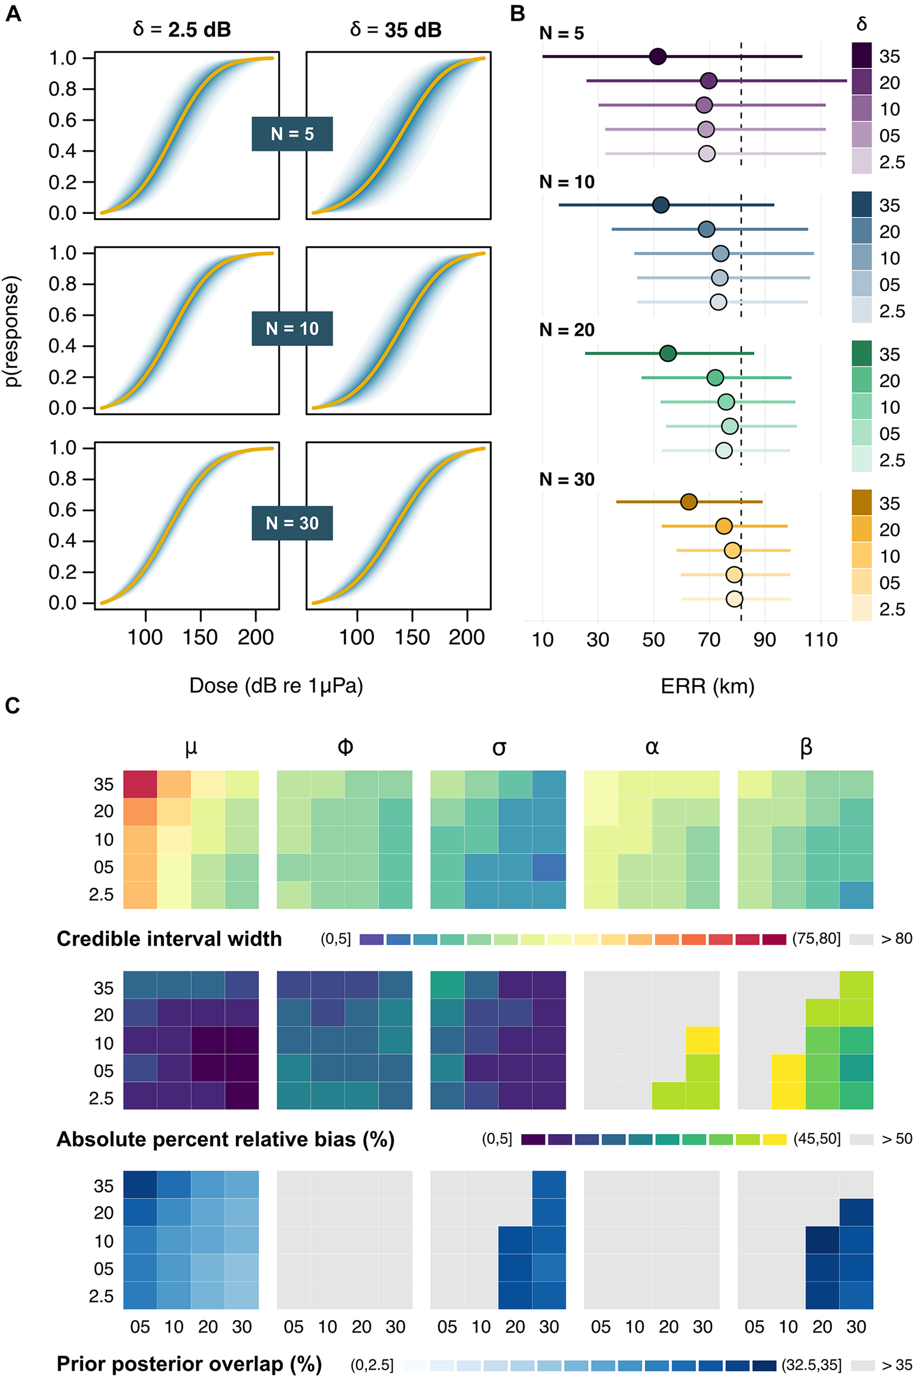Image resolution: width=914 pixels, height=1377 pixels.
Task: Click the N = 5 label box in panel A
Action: pyautogui.click(x=292, y=134)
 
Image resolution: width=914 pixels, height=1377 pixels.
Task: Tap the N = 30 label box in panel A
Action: pyautogui.click(x=292, y=523)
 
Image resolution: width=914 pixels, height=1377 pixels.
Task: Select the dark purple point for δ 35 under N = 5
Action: pyautogui.click(x=657, y=57)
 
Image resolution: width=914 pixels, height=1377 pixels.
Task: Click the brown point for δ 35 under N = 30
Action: pyautogui.click(x=688, y=501)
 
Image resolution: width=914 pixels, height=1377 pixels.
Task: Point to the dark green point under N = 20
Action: pyautogui.click(x=668, y=353)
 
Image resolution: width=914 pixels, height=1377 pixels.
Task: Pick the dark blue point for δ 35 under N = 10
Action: pyautogui.click(x=660, y=205)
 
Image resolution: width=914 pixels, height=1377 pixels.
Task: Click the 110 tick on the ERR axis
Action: pyautogui.click(x=821, y=640)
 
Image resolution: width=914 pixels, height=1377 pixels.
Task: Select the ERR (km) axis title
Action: pyautogui.click(x=708, y=686)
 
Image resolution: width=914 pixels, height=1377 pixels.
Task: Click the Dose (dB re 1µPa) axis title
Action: pyautogui.click(x=276, y=686)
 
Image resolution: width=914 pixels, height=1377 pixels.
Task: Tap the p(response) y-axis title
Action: pyautogui.click(x=13, y=330)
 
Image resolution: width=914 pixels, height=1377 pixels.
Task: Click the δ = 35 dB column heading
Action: pyautogui.click(x=396, y=30)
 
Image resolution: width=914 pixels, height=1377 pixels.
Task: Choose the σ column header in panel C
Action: pyautogui.click(x=499, y=747)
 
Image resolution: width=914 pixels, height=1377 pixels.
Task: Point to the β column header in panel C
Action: pyautogui.click(x=806, y=747)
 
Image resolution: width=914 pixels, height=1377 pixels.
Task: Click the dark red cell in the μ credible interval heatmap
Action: pyautogui.click(x=140, y=784)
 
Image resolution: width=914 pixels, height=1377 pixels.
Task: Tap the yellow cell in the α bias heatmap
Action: pyautogui.click(x=703, y=1040)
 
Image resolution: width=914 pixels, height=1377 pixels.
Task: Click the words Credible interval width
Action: pyautogui.click(x=169, y=939)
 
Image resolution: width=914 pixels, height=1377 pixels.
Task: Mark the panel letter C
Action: pyautogui.click(x=12, y=706)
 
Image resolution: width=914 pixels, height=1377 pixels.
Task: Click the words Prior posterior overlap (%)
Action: pyautogui.click(x=189, y=1364)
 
